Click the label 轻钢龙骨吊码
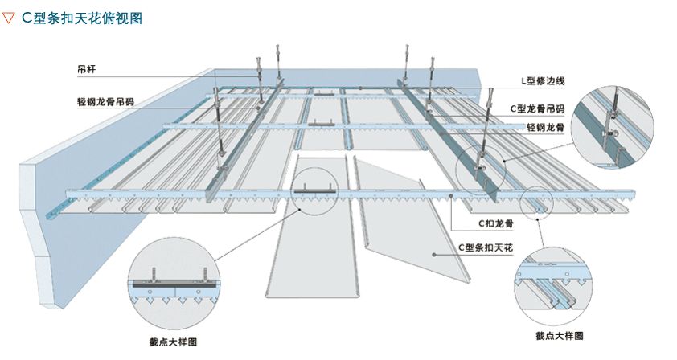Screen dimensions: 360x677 coord(105,102)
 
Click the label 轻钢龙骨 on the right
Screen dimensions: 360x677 coord(544,127)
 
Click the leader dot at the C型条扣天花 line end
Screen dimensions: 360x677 coord(434,254)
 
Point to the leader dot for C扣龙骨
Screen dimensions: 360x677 coord(455,196)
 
